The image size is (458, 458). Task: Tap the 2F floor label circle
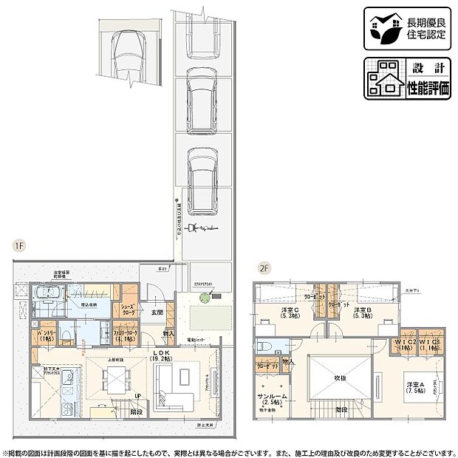coord(262,269)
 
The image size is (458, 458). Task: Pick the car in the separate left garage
coord(127,55)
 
